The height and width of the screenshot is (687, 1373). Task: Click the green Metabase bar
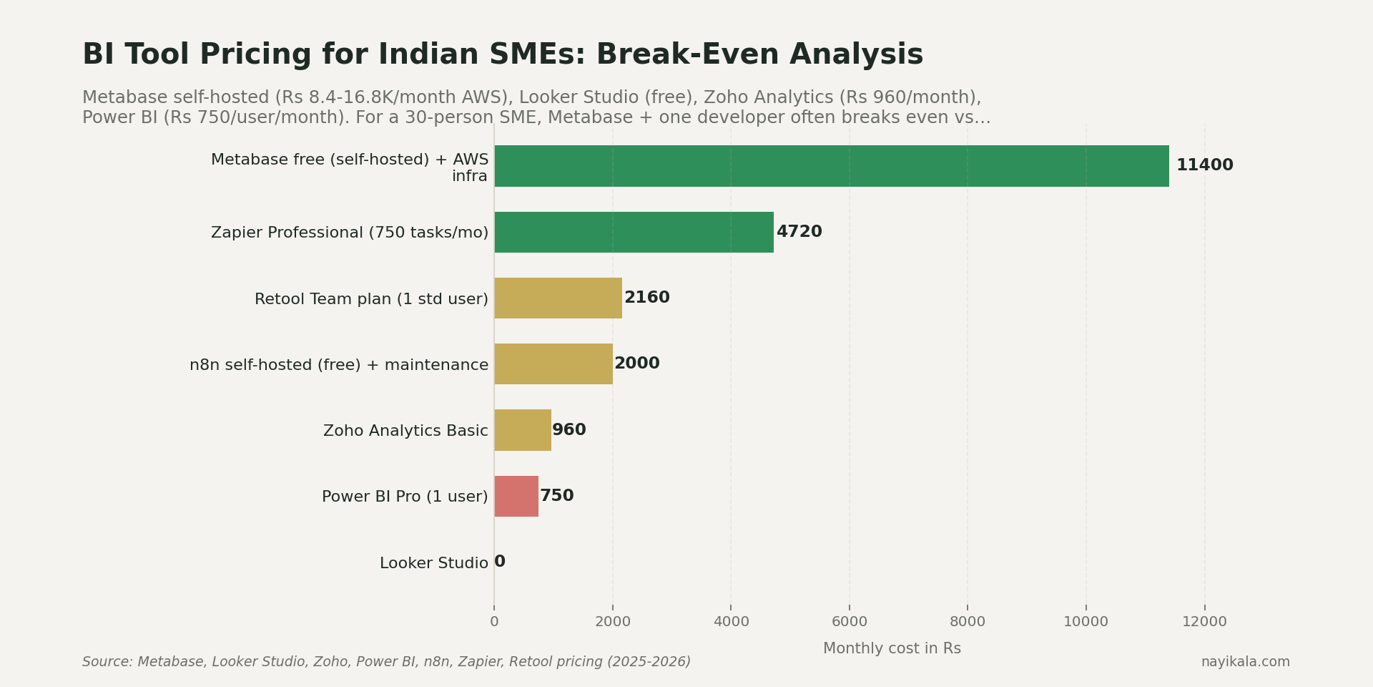[831, 166]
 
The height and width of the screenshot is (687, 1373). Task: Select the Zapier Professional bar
[634, 232]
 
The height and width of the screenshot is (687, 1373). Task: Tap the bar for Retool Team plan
[558, 298]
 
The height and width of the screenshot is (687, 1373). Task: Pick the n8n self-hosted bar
[553, 364]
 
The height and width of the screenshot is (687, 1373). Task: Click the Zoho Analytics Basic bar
[522, 430]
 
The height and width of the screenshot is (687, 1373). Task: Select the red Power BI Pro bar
[516, 496]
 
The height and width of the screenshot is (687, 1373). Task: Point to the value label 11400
[1204, 165]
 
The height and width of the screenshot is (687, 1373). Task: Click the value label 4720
[799, 232]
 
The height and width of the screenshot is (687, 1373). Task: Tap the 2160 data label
[646, 298]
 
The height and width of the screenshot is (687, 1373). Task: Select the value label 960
[569, 430]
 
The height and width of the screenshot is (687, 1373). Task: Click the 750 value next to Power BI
[556, 496]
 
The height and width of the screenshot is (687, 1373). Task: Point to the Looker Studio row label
[433, 563]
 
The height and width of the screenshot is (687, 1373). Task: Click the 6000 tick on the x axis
[849, 622]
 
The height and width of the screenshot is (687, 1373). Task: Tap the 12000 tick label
[1204, 622]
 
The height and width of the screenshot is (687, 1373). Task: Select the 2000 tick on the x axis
[612, 622]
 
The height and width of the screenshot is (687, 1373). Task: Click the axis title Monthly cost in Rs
[892, 648]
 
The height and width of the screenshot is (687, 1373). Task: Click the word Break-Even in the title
[687, 55]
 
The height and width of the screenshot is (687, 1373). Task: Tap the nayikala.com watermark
[1245, 662]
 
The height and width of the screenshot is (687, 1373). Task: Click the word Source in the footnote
[107, 662]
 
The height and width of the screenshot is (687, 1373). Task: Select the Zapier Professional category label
[349, 233]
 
